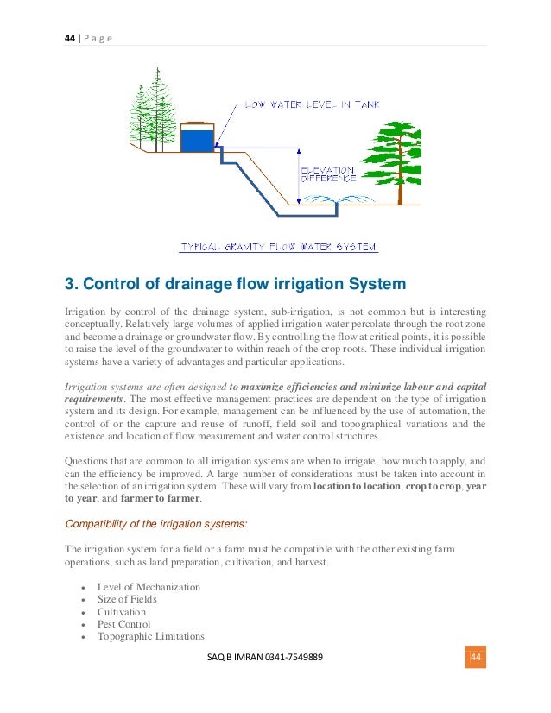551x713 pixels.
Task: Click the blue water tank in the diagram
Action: (x=196, y=138)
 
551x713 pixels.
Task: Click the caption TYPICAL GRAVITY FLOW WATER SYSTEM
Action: (x=278, y=247)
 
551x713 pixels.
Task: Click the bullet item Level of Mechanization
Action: (x=149, y=587)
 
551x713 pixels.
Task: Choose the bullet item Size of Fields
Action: (x=127, y=599)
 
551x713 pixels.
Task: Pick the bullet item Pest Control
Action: (x=124, y=624)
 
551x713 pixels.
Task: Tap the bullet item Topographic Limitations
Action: (x=152, y=637)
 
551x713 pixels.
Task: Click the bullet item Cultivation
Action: (x=122, y=612)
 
